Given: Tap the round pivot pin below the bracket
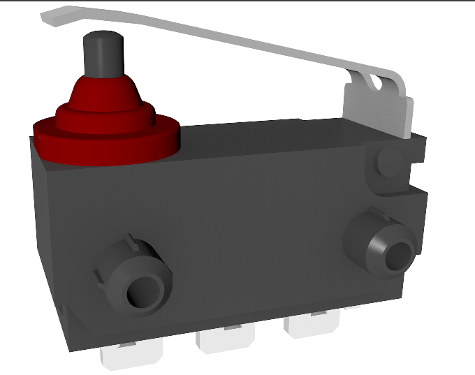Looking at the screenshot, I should point(388,162).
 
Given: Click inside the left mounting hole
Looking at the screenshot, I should point(145,289).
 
